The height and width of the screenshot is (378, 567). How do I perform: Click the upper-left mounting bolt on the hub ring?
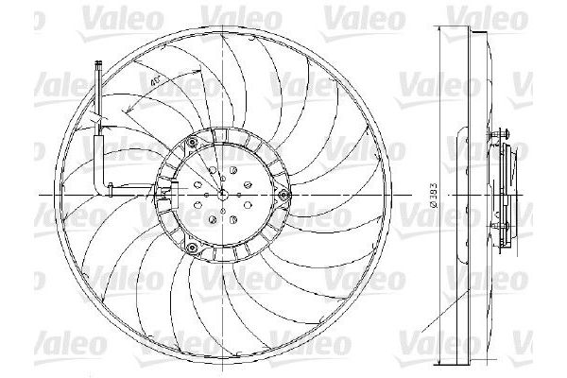click(x=192, y=142)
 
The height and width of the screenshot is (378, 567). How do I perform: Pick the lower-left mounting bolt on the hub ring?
click(x=192, y=249)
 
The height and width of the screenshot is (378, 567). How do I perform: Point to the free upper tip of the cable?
click(x=98, y=63)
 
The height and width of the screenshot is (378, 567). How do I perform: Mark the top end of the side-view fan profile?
click(x=466, y=21)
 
